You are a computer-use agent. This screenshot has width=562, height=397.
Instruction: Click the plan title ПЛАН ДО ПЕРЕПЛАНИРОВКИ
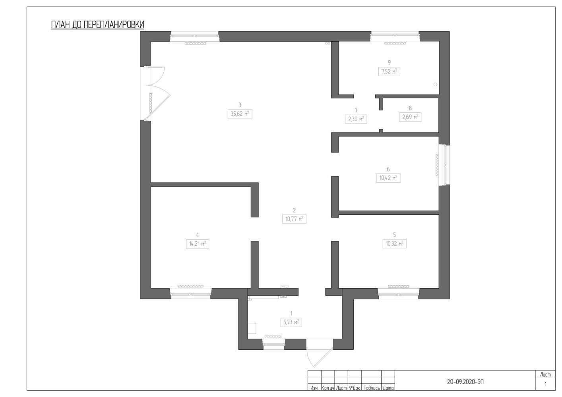97,25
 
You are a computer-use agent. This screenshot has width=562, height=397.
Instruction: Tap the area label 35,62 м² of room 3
240,114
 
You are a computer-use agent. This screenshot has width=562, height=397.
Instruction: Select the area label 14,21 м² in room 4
198,244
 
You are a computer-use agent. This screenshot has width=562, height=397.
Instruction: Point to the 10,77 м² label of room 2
294,219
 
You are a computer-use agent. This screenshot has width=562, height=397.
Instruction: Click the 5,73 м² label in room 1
291,322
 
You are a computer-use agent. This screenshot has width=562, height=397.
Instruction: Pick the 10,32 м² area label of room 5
394,244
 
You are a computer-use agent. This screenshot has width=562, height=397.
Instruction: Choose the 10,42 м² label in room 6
388,178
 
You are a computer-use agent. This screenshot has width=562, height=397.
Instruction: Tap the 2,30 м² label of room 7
356,119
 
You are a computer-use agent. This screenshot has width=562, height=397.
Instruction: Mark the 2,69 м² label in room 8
410,117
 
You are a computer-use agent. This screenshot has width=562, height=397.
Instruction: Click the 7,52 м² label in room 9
389,72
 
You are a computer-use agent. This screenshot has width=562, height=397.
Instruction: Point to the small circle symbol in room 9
435,85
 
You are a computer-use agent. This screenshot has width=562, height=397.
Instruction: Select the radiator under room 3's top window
195,43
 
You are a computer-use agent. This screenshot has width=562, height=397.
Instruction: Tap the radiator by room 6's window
437,165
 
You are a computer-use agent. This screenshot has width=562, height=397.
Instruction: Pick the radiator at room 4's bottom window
190,286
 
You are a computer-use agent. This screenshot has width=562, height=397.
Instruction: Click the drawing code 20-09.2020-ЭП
465,382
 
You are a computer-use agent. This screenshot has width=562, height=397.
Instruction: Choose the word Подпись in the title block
372,388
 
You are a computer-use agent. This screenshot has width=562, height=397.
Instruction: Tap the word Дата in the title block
388,388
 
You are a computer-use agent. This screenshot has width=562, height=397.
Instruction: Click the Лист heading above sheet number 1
545,374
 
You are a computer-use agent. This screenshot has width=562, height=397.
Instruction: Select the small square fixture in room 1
252,328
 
